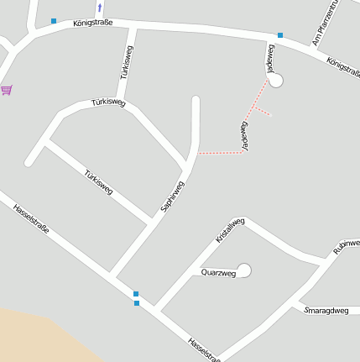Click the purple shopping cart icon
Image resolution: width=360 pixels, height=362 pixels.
(x=7, y=90)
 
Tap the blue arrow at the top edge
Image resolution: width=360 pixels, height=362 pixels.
(x=100, y=7)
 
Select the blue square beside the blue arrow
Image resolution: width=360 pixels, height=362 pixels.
(x=54, y=21)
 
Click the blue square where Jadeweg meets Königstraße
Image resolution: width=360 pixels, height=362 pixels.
(x=280, y=35)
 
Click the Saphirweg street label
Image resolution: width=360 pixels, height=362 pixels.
(x=171, y=196)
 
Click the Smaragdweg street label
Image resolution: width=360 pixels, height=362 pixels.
(x=326, y=310)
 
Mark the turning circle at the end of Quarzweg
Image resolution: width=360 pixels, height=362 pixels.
(x=244, y=270)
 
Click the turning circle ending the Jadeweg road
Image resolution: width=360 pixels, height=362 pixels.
(x=275, y=81)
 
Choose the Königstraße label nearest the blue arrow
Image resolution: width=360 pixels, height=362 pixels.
(x=92, y=24)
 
